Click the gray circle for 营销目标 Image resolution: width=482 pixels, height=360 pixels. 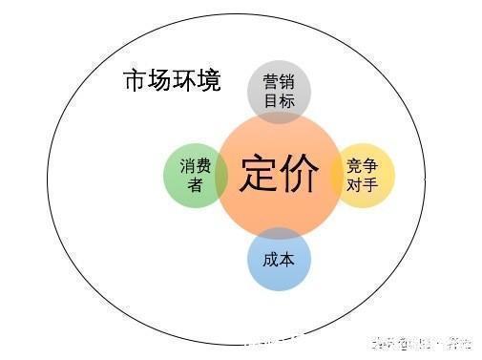pos(279,88)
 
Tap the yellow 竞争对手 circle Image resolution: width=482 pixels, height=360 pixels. pos(364,175)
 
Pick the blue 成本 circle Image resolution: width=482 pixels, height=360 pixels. pos(279,260)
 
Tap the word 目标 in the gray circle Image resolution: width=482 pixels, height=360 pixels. pos(279,100)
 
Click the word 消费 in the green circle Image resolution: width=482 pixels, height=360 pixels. pos(195,166)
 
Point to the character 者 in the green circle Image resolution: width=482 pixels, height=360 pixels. pos(195,184)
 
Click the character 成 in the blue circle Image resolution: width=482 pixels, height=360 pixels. pos(268,258)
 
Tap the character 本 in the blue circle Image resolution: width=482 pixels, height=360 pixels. pos(288,258)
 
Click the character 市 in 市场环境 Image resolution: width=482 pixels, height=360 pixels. pos(135,81)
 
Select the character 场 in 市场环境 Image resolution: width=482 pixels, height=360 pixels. pos(159,81)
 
